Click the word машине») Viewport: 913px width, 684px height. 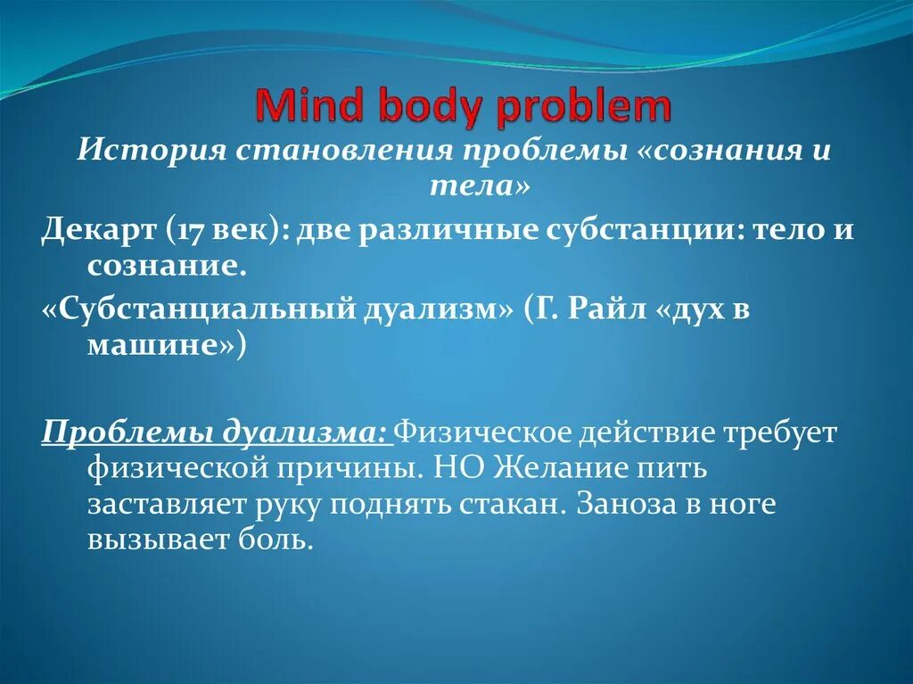[x=161, y=346]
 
